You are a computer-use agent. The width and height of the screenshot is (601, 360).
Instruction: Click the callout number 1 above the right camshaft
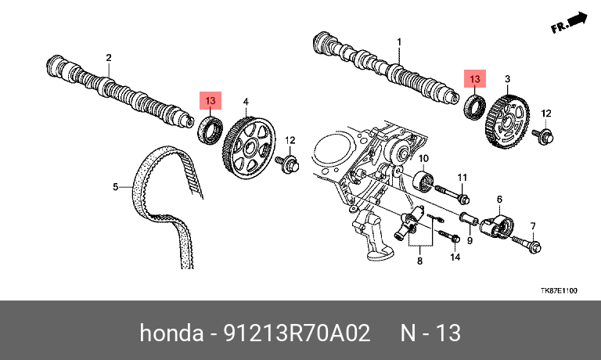[399, 41]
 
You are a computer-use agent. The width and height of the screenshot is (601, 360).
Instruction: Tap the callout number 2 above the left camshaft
[109, 57]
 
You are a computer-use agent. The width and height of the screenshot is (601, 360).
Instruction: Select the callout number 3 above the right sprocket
[507, 79]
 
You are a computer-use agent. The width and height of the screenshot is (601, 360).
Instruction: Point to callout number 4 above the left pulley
[246, 102]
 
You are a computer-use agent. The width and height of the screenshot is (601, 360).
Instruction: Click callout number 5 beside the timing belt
[115, 187]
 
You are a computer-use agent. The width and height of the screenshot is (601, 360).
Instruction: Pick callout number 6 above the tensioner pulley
[499, 200]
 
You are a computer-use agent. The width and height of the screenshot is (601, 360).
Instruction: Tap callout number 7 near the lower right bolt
[533, 226]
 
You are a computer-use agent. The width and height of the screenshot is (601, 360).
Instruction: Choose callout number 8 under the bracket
[419, 261]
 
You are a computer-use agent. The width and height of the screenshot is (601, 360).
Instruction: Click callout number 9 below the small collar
[470, 241]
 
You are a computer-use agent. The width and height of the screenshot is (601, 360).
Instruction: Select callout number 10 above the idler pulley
[423, 158]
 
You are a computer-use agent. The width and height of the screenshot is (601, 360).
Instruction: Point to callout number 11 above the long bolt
[462, 178]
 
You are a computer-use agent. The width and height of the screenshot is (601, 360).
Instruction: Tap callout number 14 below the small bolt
[455, 257]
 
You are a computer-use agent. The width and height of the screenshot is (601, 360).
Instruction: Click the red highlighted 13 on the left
[211, 101]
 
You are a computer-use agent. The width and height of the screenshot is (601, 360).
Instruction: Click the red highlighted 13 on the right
[475, 79]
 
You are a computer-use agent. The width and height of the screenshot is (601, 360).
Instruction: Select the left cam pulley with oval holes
[249, 148]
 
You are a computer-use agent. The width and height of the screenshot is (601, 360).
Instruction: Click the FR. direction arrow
[569, 23]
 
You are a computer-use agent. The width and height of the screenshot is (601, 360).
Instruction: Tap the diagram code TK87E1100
[559, 290]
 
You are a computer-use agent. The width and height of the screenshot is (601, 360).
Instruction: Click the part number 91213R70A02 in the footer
[297, 333]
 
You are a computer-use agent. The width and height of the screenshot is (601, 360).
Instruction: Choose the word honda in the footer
[171, 333]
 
